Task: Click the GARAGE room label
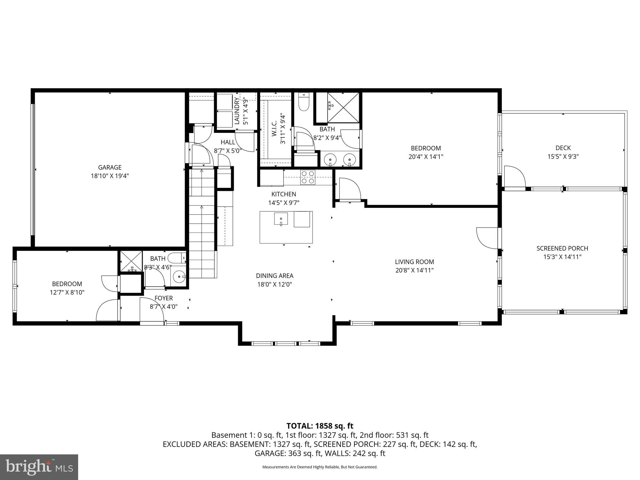[x=110, y=167]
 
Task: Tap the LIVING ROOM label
[x=414, y=262]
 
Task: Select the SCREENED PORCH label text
[x=562, y=248]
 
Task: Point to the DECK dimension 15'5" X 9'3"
[x=563, y=157]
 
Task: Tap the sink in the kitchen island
[x=281, y=219]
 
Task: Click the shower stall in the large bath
[x=343, y=107]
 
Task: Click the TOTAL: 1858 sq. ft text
[x=320, y=426]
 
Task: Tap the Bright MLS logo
[x=39, y=467]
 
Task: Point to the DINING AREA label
[x=274, y=276]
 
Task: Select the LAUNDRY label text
[x=237, y=111]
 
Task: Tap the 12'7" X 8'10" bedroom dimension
[x=67, y=292]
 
